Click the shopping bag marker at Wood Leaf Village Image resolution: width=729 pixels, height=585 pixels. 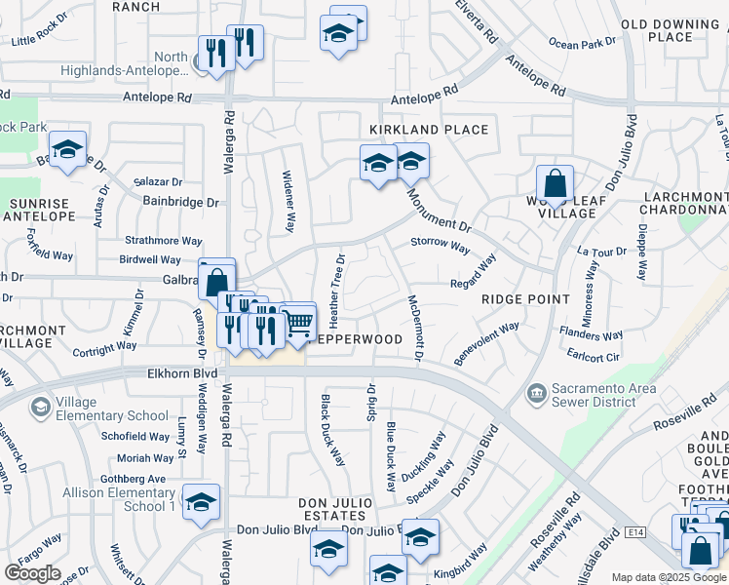coord(555,183)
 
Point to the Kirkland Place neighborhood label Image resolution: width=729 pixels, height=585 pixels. coord(428,130)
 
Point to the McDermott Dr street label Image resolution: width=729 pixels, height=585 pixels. coord(414,329)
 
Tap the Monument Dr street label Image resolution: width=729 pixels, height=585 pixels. coord(440,211)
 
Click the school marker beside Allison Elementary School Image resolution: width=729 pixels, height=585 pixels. coord(201,502)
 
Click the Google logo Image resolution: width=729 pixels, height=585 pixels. coord(32,573)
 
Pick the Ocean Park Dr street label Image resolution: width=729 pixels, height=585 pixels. coord(583,43)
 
